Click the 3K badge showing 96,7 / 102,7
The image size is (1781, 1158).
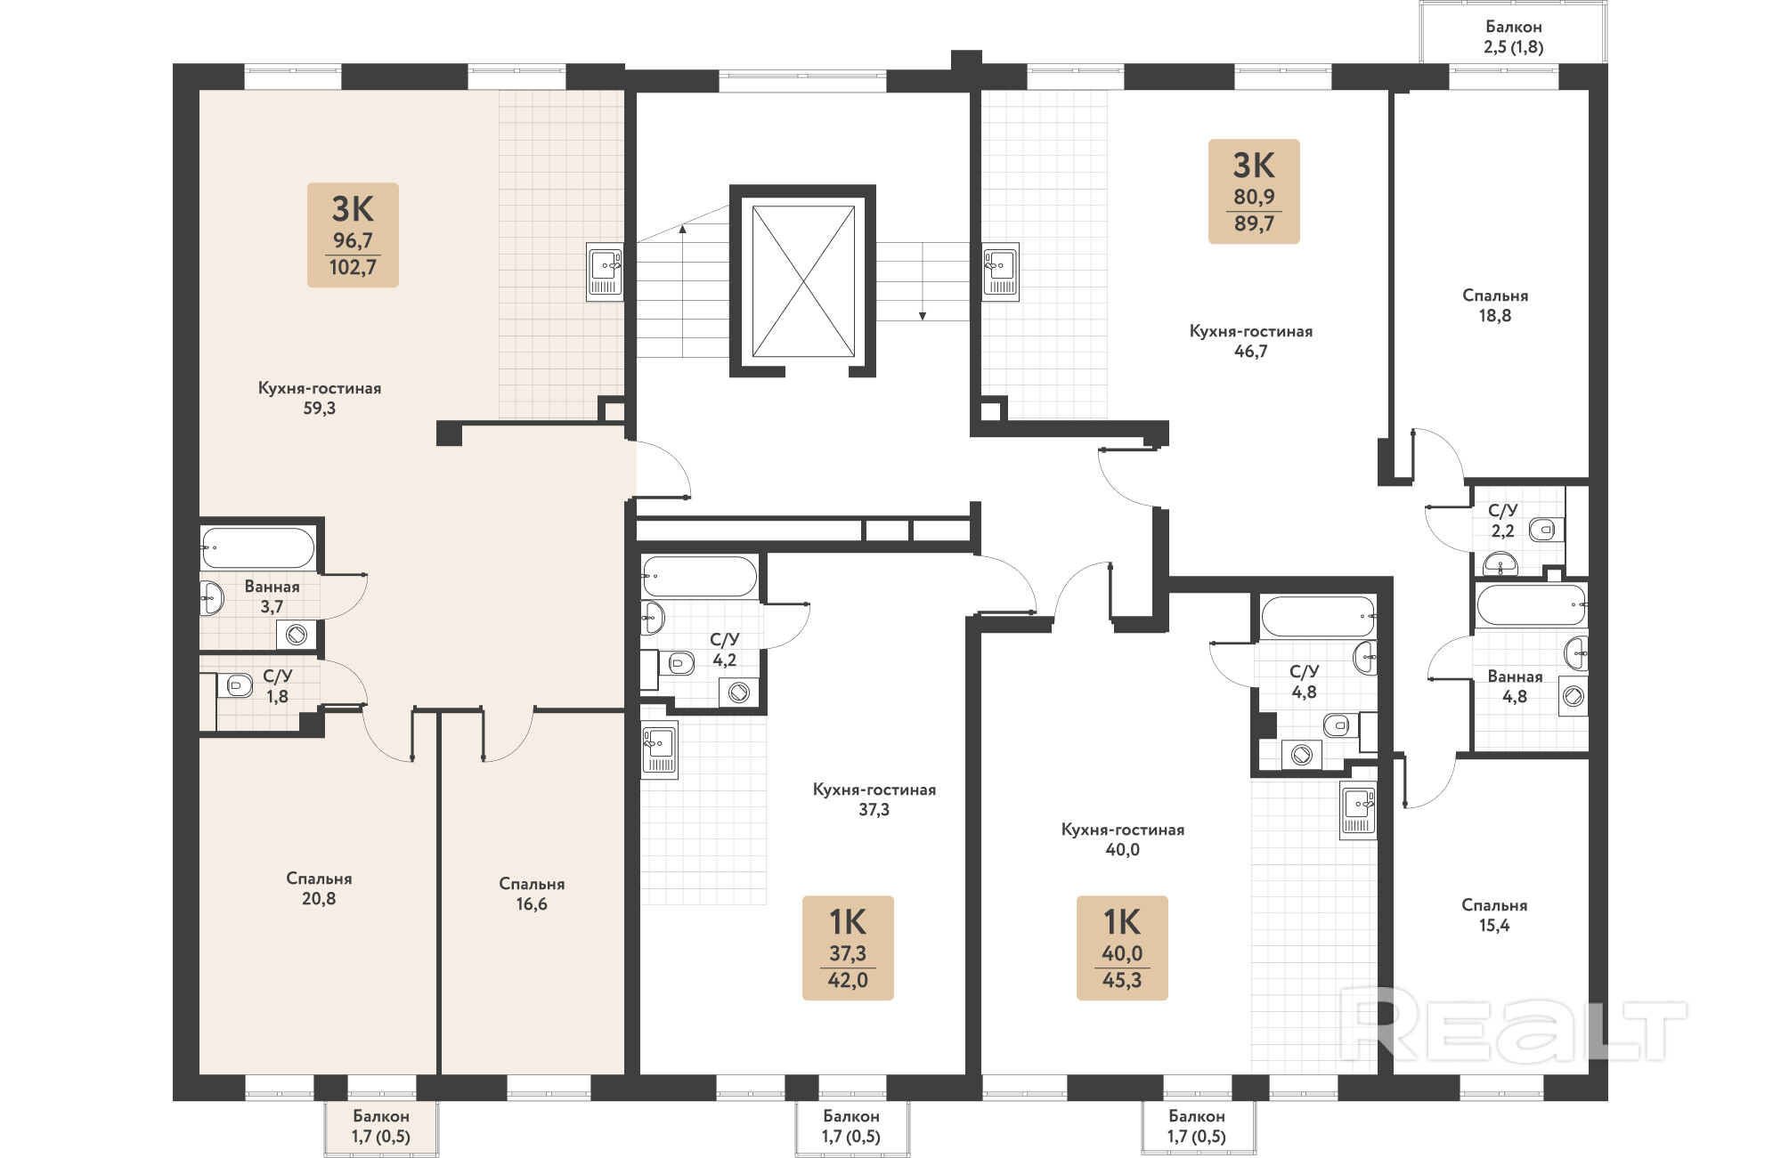[353, 235]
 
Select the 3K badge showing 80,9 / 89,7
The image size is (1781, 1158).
[1254, 191]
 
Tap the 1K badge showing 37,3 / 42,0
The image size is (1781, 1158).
[848, 948]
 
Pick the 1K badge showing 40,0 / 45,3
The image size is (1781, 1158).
[1122, 948]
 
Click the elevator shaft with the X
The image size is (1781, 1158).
[803, 281]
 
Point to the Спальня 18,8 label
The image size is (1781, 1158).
[1495, 305]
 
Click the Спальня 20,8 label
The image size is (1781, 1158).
[319, 888]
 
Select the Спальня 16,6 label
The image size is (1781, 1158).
[532, 894]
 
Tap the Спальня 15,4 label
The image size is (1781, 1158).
[1494, 915]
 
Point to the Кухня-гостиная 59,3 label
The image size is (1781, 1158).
[320, 398]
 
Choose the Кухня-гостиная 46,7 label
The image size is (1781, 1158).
[1251, 341]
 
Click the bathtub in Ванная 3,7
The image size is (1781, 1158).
[257, 548]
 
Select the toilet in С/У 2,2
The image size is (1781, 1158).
[1545, 530]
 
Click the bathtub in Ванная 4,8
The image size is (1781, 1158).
[1532, 605]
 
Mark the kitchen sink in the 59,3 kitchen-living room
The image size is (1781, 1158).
[606, 271]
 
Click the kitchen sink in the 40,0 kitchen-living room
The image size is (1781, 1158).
[1358, 810]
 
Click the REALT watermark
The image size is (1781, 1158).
[1514, 1024]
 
